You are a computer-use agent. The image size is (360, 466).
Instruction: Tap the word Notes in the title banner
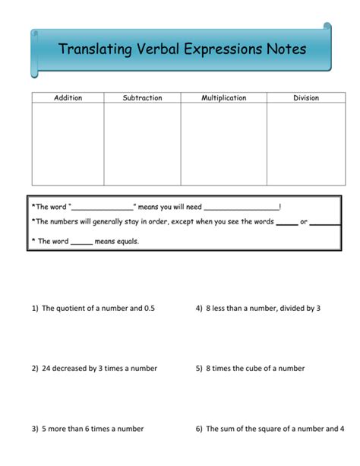(286, 50)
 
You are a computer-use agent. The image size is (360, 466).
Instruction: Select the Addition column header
(68, 98)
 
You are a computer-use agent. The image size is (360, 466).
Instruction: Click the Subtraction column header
(142, 98)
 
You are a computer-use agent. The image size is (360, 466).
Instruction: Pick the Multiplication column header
(223, 98)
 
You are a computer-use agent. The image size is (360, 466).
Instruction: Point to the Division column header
(306, 98)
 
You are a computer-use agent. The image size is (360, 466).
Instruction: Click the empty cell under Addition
(68, 144)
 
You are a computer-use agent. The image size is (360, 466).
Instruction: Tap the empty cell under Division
(306, 144)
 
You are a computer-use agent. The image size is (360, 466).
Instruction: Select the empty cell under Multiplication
(223, 144)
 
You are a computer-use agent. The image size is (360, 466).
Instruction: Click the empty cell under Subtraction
(142, 144)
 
